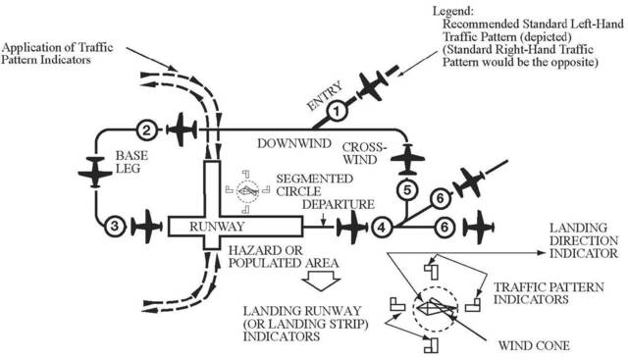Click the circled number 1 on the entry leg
pos(334,111)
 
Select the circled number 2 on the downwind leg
pos(145,129)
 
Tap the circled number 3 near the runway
pos(115,226)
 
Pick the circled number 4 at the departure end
pos(382,227)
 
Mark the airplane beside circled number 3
pos(147,226)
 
